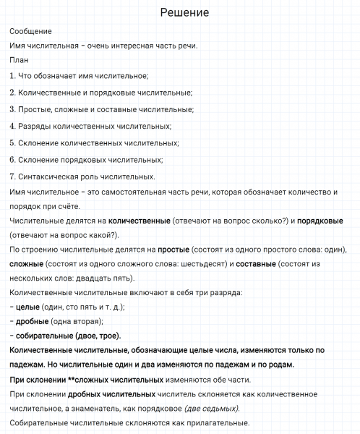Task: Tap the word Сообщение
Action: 31,32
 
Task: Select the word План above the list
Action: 20,61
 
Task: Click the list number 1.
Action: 13,76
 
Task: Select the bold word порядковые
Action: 322,220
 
